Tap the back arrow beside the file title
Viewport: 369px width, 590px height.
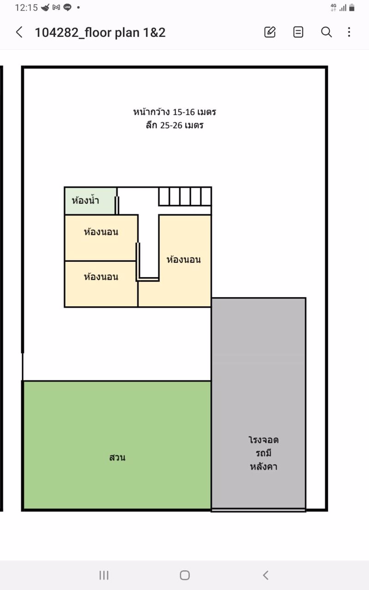tap(19, 32)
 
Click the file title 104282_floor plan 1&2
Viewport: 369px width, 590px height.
tap(100, 32)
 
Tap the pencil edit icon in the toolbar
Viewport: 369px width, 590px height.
tap(270, 32)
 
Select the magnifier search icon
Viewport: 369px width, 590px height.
tap(327, 32)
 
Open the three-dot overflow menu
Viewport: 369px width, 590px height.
tap(349, 32)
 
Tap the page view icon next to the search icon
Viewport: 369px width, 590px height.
tap(298, 32)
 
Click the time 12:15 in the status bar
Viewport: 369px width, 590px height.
tap(26, 7)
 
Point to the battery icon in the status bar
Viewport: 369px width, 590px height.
tap(352, 7)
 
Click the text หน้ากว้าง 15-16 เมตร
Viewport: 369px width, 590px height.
tap(175, 112)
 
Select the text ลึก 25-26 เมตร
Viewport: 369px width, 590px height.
tap(175, 125)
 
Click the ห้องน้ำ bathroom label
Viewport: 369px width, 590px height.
tap(85, 201)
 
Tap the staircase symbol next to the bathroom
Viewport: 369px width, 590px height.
tap(185, 196)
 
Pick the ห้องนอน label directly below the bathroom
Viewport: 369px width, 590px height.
tap(101, 232)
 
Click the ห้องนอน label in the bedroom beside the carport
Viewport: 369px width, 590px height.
tap(184, 260)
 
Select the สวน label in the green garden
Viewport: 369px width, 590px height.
tap(118, 458)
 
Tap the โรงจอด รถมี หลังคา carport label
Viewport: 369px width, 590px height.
tap(263, 453)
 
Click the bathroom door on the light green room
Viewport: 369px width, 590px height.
tap(117, 205)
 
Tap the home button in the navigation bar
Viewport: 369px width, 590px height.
tap(184, 575)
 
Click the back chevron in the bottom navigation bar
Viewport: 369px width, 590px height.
tap(266, 575)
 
